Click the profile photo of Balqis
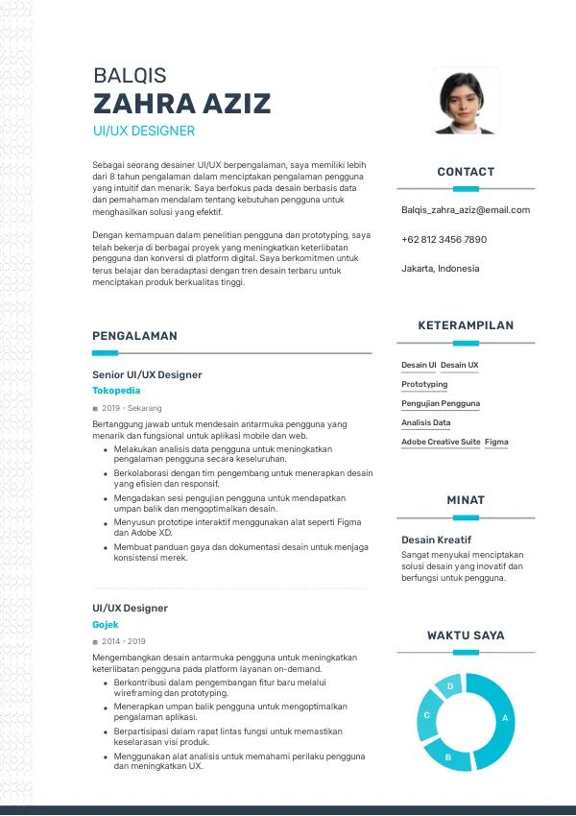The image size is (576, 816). click(x=466, y=101)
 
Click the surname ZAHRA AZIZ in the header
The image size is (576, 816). click(x=181, y=104)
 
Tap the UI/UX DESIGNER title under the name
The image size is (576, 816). click(x=144, y=131)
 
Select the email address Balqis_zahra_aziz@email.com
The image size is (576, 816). click(x=466, y=210)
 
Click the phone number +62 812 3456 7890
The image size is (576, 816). click(x=444, y=239)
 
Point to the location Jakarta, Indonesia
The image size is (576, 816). click(x=440, y=269)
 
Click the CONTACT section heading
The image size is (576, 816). click(x=466, y=172)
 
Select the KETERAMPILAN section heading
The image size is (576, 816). click(x=466, y=326)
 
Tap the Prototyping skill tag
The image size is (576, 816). click(x=424, y=384)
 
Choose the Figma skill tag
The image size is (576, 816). click(x=496, y=442)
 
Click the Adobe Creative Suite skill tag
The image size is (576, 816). click(x=441, y=442)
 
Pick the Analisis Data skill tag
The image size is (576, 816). click(x=425, y=422)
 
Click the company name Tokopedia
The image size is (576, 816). click(x=116, y=391)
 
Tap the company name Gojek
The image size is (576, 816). click(x=105, y=624)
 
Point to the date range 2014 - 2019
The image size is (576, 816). click(x=123, y=641)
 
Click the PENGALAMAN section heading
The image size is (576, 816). click(x=134, y=336)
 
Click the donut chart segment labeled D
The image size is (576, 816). click(x=450, y=686)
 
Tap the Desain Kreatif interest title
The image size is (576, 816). click(x=436, y=540)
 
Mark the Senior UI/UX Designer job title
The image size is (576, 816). click(x=147, y=374)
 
